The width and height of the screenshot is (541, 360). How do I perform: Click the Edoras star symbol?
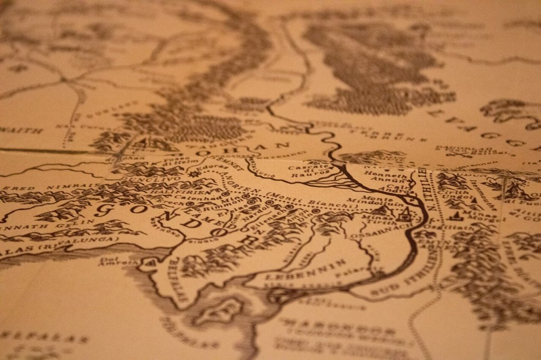coord(192,173)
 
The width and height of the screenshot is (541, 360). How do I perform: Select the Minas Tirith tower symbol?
coord(406,214)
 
